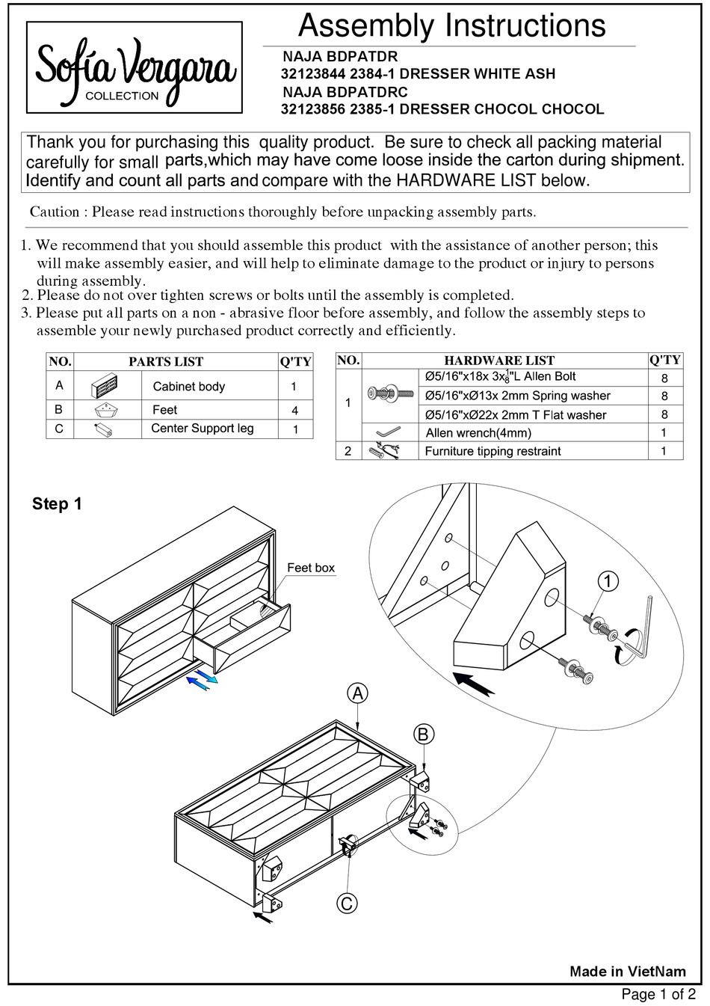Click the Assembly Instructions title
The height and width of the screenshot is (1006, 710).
[x=451, y=26]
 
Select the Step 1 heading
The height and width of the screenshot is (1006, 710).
[x=57, y=504]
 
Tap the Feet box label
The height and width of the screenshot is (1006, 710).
[x=311, y=568]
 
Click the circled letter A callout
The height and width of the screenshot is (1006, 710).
[x=358, y=694]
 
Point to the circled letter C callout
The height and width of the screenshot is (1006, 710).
[x=347, y=904]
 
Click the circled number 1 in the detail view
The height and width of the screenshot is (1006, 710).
[x=608, y=580]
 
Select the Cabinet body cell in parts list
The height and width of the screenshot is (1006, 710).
[x=188, y=387]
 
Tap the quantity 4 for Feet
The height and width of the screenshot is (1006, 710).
[x=294, y=410]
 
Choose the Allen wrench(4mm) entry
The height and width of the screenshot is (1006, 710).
[x=478, y=432]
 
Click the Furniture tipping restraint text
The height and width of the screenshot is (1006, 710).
[x=493, y=451]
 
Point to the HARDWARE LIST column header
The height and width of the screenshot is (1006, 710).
[x=499, y=361]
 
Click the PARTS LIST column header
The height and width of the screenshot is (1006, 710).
[x=166, y=361]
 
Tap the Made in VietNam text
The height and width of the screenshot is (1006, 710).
[x=627, y=972]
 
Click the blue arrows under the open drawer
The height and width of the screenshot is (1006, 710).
[x=202, y=679]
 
